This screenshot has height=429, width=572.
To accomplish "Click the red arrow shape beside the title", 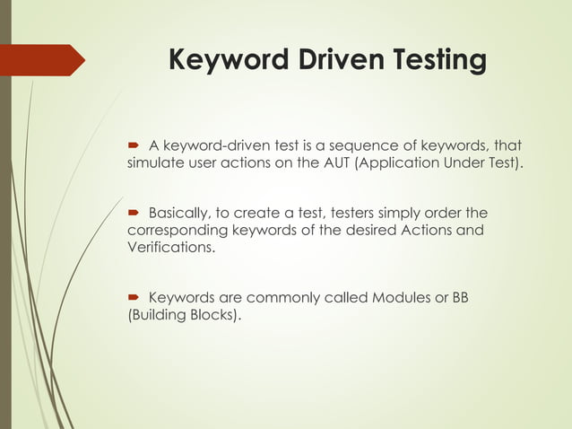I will point(45,60).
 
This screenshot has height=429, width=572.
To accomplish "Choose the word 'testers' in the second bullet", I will point(357,214).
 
